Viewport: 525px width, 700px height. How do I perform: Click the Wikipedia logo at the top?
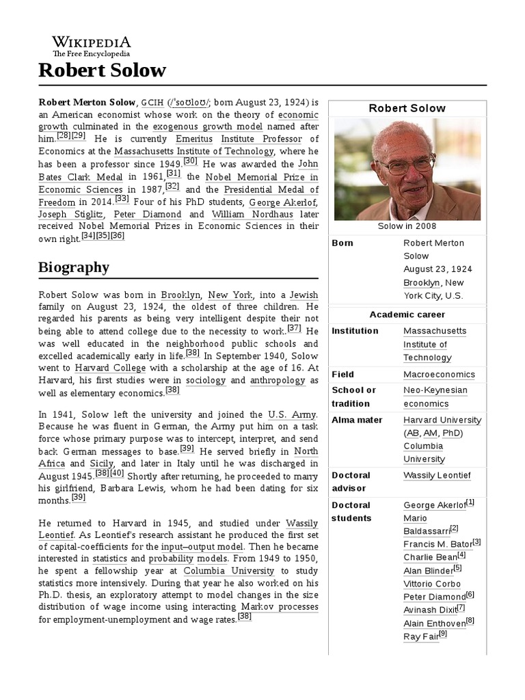click(x=92, y=45)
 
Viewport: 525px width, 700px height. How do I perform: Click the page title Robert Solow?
click(x=102, y=70)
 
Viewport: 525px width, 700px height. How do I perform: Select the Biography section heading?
click(x=73, y=267)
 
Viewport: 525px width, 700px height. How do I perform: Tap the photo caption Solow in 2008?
click(x=407, y=226)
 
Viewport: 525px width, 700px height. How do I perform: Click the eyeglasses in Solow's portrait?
click(x=406, y=165)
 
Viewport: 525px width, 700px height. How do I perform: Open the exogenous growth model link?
click(x=208, y=126)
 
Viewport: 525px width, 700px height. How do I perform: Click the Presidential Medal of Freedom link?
click(x=260, y=189)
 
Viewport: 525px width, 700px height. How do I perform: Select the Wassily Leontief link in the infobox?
click(x=437, y=475)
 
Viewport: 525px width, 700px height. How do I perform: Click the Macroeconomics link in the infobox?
click(x=438, y=375)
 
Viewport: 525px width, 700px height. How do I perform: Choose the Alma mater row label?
click(x=357, y=420)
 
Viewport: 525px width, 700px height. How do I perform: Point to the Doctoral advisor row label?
click(x=351, y=481)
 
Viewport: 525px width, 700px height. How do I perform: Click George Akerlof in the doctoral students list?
click(x=434, y=505)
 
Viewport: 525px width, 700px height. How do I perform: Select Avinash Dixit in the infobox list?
click(x=429, y=610)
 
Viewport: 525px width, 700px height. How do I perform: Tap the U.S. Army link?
click(x=292, y=414)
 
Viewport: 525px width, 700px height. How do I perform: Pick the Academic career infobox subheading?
click(x=407, y=314)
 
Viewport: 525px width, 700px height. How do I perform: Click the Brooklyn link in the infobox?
click(x=421, y=282)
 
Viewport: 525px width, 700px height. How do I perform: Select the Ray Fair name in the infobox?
click(x=420, y=636)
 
